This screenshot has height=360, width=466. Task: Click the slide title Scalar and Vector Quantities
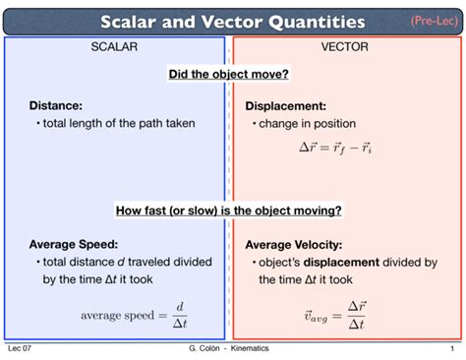click(x=233, y=22)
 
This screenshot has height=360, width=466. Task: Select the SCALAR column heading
click(x=114, y=47)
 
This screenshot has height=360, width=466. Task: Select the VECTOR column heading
click(x=344, y=47)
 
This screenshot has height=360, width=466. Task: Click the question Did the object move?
click(x=229, y=75)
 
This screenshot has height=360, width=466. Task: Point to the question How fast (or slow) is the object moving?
click(x=229, y=210)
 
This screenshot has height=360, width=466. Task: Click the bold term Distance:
click(x=55, y=105)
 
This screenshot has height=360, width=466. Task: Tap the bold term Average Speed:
click(x=74, y=244)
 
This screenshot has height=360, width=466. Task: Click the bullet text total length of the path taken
click(x=119, y=124)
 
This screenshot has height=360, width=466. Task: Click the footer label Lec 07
click(x=20, y=349)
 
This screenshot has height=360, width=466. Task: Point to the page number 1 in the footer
click(x=451, y=349)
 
